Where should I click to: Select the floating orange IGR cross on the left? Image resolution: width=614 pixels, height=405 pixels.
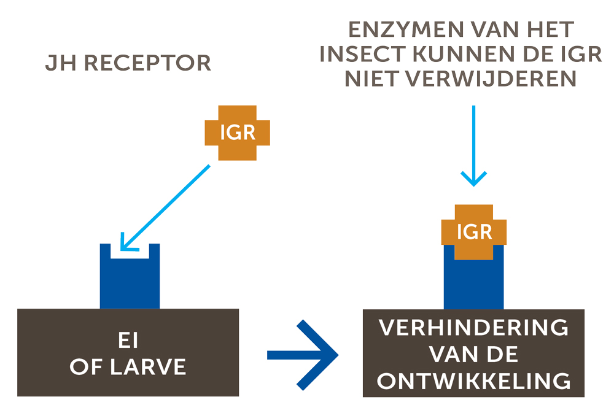237,132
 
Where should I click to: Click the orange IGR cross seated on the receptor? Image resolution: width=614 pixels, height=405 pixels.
474,232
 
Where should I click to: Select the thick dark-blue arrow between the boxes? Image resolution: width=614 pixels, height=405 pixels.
303,355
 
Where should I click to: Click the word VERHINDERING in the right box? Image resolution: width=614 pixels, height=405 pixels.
473,328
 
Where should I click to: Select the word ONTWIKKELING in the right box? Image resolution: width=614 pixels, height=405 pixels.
473,381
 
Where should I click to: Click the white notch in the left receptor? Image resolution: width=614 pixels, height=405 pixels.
130,252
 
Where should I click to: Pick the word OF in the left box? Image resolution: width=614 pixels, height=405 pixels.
85,367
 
